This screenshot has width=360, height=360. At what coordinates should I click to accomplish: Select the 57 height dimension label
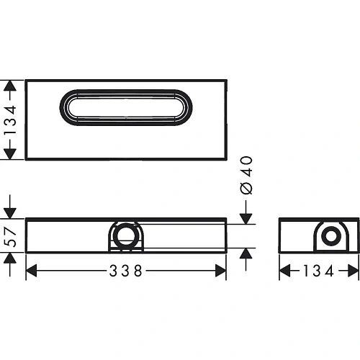click(9, 235)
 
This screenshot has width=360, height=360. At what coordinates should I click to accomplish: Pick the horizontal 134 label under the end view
click(318, 271)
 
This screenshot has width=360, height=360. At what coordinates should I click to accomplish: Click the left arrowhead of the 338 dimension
click(31, 271)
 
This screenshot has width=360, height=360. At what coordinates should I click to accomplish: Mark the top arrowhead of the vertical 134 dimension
click(9, 85)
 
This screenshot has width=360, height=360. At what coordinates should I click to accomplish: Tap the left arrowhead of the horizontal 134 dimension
click(284, 271)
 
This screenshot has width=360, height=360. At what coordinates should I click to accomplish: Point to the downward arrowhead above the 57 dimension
click(9, 211)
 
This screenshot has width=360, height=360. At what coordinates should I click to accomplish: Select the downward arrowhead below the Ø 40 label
click(246, 217)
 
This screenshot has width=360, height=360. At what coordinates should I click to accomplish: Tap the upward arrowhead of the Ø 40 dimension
click(246, 253)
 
